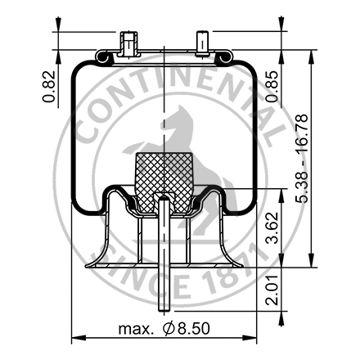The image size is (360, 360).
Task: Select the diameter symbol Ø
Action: (168, 329)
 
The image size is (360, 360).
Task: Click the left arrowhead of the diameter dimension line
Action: (76, 337)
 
